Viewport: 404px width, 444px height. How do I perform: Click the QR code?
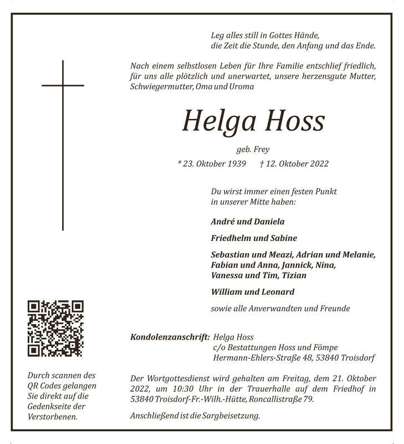coord(55,328)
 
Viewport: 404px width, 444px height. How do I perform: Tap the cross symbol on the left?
coord(63,144)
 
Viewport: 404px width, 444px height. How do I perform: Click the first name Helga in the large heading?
coord(215,121)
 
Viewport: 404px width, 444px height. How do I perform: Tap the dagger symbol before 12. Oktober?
coord(262,164)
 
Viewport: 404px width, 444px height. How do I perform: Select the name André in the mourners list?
coord(223,221)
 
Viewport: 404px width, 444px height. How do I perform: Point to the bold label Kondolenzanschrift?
coord(169,337)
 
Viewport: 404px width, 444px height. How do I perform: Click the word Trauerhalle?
coord(250,389)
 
